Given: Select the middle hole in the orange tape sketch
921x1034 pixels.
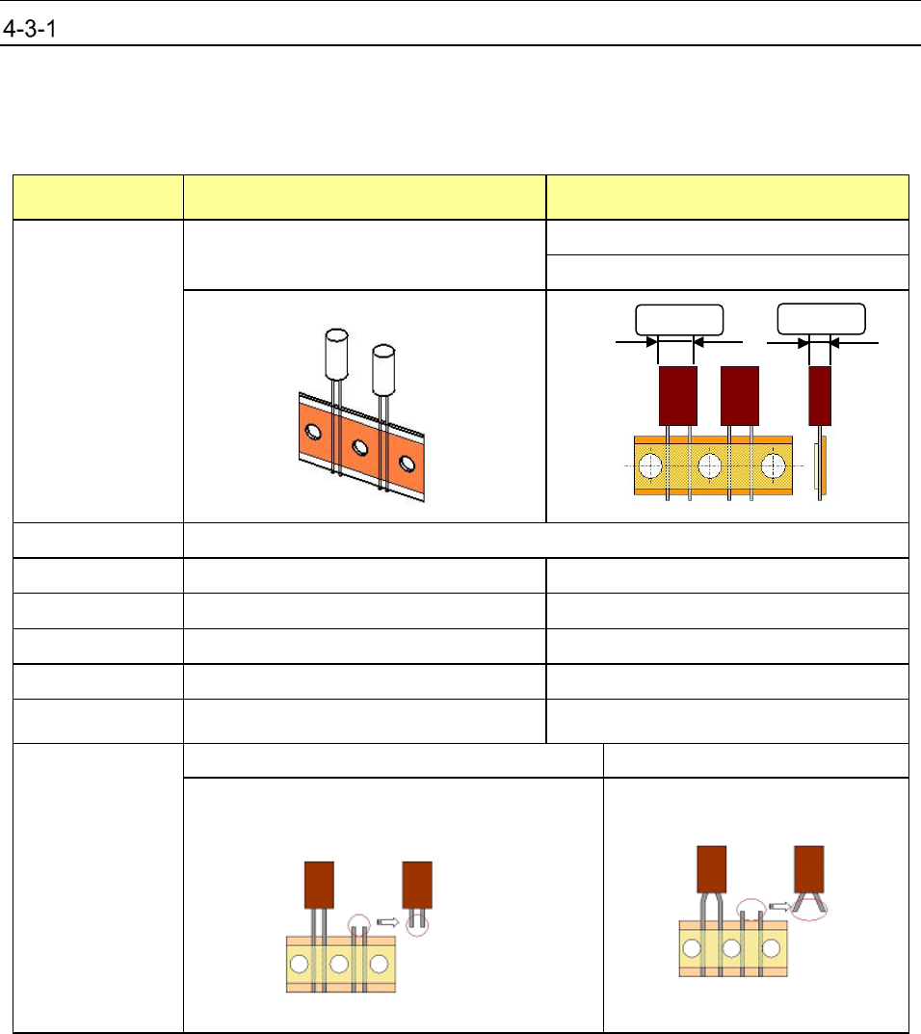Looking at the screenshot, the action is pos(359,447).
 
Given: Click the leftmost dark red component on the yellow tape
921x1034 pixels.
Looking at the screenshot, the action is pos(677,395).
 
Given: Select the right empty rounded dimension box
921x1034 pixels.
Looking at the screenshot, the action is pos(821,319).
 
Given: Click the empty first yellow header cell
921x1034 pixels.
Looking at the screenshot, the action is pos(96,197).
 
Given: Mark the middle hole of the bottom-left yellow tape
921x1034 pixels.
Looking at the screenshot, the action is pos(338,963).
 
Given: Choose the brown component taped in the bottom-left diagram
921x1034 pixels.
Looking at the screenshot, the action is pos(319,885).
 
